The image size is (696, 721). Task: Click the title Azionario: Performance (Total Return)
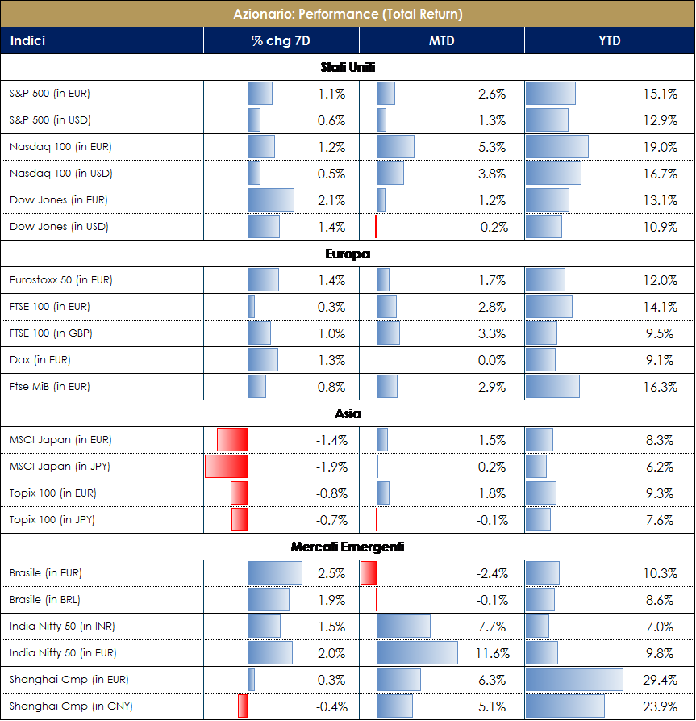pos(348,14)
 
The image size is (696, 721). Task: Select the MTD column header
pos(440,41)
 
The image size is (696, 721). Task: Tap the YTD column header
pos(609,41)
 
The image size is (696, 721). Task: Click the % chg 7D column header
pos(281,41)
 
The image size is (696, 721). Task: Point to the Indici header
pos(27,41)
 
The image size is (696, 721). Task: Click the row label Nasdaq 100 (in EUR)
pos(60,147)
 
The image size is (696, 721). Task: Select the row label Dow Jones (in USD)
pos(59,227)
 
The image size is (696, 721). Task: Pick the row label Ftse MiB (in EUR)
pos(50,387)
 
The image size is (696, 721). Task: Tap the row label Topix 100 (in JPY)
pos(52,520)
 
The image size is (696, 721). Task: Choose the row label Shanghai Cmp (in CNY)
pos(71,706)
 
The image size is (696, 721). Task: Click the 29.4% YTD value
pos(660,680)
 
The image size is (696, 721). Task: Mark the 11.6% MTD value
pos(490,653)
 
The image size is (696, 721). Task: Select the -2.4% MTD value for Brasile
pos(491,573)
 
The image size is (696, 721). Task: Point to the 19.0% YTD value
pos(660,147)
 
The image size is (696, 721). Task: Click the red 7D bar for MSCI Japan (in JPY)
pos(227,467)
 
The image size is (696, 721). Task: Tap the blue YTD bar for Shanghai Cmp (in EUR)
pos(574,680)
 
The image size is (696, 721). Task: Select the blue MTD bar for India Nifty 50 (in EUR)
pos(417,653)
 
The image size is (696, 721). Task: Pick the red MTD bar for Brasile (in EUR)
pos(369,573)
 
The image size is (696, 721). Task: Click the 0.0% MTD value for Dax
pos(492,360)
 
